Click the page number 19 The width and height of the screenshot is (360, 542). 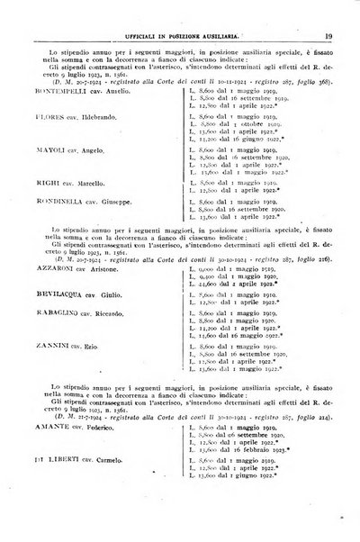[330, 12]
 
